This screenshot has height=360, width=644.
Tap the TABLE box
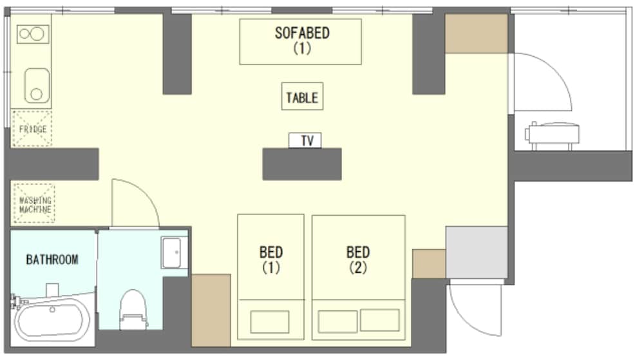302,97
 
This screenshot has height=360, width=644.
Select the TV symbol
305,140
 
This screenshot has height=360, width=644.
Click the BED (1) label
271,260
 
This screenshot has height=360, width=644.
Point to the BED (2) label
358,260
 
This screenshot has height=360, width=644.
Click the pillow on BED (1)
270,321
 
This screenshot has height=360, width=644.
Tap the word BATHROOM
52,260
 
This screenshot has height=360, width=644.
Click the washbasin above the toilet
174,253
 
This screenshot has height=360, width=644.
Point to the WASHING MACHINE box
35,204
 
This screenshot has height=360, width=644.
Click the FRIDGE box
32,129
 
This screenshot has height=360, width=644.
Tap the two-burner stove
33,33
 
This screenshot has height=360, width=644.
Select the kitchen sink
37,86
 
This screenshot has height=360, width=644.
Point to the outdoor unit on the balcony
553,135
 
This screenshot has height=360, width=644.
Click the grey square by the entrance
477,252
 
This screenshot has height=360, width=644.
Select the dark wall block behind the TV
302,164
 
